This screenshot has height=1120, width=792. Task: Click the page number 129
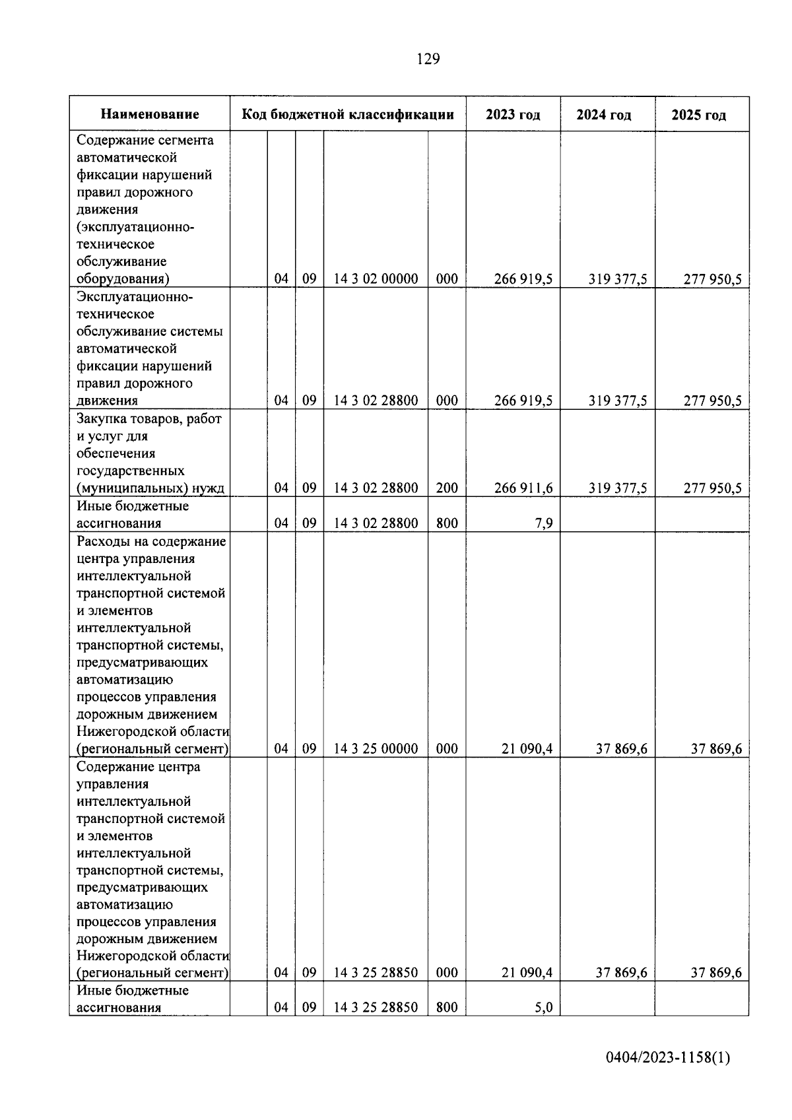pos(428,59)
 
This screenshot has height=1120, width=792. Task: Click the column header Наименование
pos(150,115)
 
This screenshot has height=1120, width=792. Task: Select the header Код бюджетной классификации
pos(348,115)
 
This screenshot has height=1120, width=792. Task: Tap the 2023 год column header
pos(513,115)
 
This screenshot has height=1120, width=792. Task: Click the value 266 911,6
pos(523,488)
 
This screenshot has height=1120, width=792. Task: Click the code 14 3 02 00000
pos(376,279)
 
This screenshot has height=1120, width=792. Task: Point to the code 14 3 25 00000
pos(376,748)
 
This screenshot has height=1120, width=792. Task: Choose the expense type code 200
pos(447,488)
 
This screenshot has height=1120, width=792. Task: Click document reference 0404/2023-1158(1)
pos(668,1058)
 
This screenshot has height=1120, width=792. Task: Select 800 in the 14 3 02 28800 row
pos(447,524)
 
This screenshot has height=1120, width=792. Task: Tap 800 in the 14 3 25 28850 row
pos(447,1008)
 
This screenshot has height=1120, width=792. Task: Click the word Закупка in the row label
pos(103,419)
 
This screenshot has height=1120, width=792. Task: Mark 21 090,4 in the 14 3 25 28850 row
pos(527,973)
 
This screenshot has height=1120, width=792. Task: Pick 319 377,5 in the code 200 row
pos(618,488)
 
